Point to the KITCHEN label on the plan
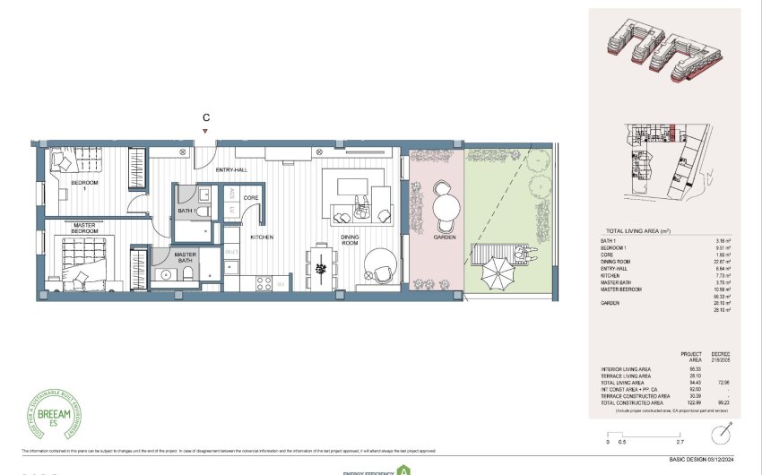click(x=262, y=237)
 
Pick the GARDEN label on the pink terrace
click(x=445, y=237)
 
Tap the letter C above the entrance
click(x=206, y=117)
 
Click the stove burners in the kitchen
click(x=264, y=282)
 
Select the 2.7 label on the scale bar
click(x=679, y=442)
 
